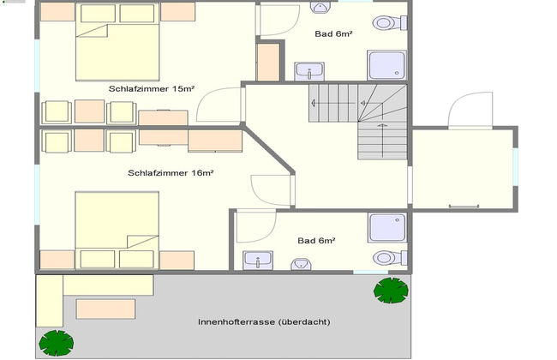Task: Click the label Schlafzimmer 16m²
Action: tap(171, 172)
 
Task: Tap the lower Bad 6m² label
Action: tap(316, 241)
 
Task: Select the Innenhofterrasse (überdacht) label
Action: tap(263, 322)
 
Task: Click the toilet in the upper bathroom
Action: tap(385, 22)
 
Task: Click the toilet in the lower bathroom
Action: tap(386, 257)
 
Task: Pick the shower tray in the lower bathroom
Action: tap(386, 228)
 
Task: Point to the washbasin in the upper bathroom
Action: tap(308, 69)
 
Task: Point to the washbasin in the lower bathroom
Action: tap(257, 260)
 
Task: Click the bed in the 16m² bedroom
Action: tap(117, 229)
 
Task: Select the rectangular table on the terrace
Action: tap(105, 307)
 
